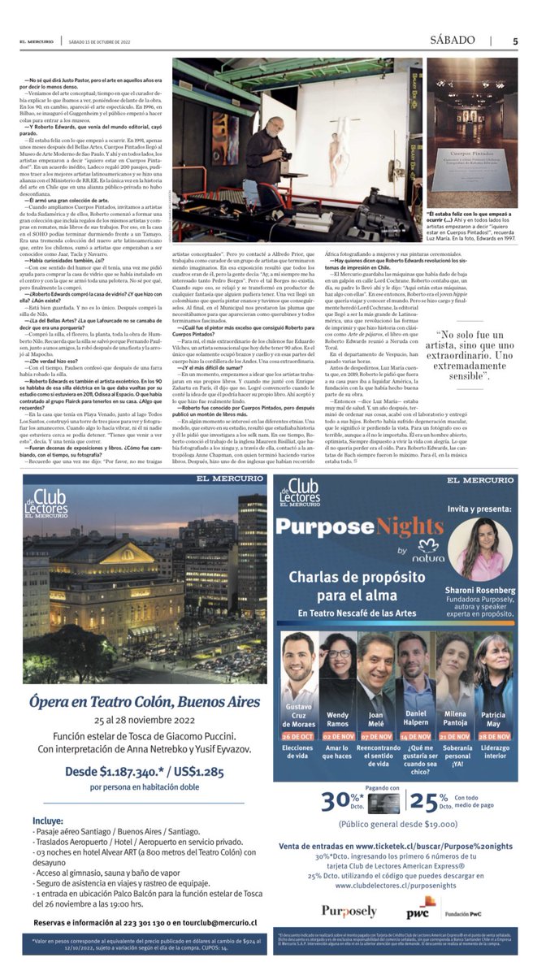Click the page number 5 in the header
(x=515, y=41)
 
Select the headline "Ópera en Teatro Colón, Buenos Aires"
(x=145, y=701)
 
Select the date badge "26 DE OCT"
(x=298, y=737)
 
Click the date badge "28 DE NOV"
(x=494, y=737)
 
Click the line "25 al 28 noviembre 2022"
(x=145, y=720)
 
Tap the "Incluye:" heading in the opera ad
(x=50, y=821)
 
